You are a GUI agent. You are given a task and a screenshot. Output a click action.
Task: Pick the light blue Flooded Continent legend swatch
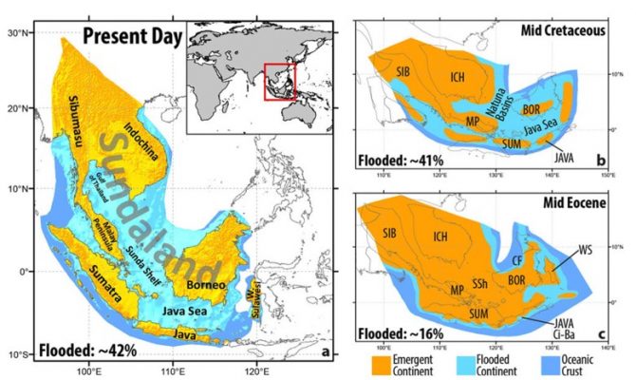click(x=469, y=361)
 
